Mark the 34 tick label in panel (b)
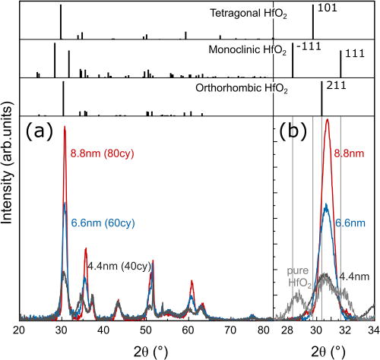click(x=372, y=331)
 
